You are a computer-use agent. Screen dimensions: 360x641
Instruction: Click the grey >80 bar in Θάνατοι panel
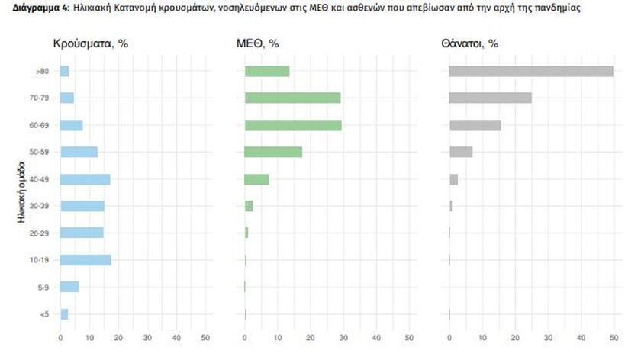click(x=531, y=71)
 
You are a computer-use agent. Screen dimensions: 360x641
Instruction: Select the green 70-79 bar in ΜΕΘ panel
click(x=292, y=98)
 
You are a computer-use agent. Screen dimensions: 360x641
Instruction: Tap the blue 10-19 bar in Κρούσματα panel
click(x=85, y=260)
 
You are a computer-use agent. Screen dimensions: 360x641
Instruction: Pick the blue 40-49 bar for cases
click(x=85, y=179)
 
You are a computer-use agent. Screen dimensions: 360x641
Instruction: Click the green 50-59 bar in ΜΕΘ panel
click(x=273, y=152)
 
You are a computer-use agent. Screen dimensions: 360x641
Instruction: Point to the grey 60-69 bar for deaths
click(x=475, y=125)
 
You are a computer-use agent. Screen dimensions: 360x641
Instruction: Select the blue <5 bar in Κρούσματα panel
click(x=64, y=314)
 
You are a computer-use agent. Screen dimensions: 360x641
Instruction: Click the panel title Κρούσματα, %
click(x=89, y=43)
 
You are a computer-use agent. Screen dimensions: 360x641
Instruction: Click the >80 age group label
click(x=43, y=71)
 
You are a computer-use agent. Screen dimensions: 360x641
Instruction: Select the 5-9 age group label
click(x=43, y=288)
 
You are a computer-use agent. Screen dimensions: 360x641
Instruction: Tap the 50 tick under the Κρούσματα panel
click(x=205, y=336)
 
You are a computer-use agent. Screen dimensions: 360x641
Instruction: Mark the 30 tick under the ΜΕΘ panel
click(x=343, y=336)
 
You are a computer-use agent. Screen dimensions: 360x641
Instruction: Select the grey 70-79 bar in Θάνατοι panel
click(x=490, y=98)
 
